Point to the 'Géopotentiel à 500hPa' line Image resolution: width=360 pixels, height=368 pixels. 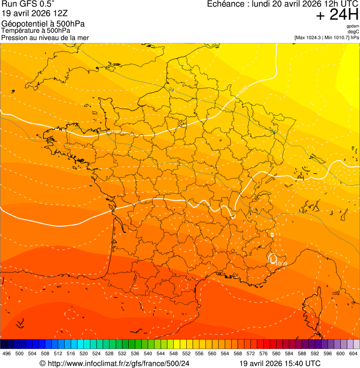[43, 24]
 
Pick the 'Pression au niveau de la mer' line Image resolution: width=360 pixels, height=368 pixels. [45, 37]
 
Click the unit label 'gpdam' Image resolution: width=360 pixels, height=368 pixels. [353, 26]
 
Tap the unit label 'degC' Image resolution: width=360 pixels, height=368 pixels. [353, 32]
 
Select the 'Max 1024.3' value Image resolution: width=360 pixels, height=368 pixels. [309, 37]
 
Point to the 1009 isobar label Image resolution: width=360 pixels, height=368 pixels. [281, 264]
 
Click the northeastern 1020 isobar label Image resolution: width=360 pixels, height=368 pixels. [243, 89]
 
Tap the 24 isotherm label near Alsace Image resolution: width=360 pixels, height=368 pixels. [272, 131]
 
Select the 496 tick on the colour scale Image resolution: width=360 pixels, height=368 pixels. [7, 354]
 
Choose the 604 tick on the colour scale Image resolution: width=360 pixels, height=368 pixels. [353, 354]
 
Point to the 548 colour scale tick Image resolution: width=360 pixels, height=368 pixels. [173, 354]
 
